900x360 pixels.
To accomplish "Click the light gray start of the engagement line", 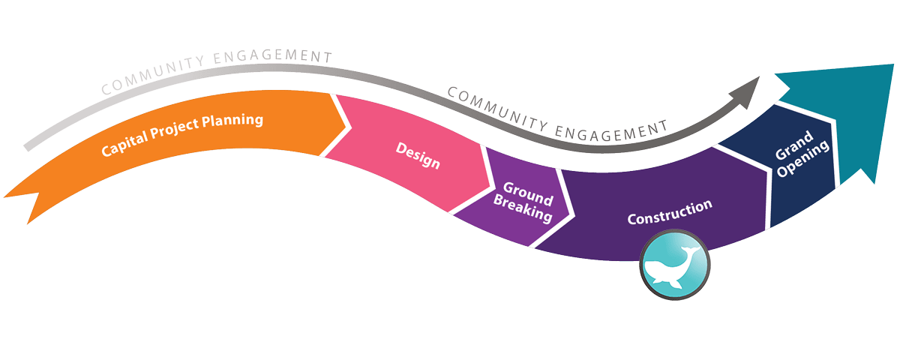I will [30, 145].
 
